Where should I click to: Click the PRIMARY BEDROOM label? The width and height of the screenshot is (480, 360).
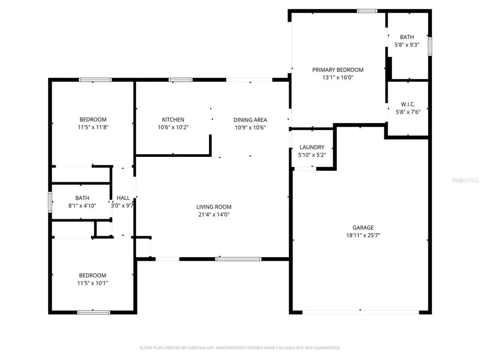click(338, 69)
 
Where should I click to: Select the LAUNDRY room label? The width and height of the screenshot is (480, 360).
click(312, 147)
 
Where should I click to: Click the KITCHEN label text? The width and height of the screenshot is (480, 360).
click(173, 119)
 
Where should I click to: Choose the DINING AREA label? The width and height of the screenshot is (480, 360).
click(250, 119)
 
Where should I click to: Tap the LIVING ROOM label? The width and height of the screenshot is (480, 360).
click(213, 207)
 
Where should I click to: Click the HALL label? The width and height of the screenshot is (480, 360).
click(123, 198)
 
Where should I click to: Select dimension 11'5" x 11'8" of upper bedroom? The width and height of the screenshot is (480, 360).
click(93, 127)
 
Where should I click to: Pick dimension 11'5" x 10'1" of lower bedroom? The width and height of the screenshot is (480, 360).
click(93, 283)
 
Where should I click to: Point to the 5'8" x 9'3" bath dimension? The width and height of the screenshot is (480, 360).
click(407, 45)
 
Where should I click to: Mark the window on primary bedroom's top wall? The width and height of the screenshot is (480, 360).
click(367, 11)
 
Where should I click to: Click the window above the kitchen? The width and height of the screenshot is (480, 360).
click(181, 80)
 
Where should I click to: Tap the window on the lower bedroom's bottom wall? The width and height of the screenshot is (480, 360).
click(86, 312)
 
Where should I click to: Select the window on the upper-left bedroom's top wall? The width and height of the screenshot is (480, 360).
click(95, 80)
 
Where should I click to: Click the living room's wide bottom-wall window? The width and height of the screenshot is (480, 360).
click(238, 259)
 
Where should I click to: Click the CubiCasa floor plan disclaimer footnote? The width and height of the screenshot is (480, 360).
click(240, 348)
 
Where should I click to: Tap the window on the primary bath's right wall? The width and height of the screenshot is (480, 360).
click(429, 45)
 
